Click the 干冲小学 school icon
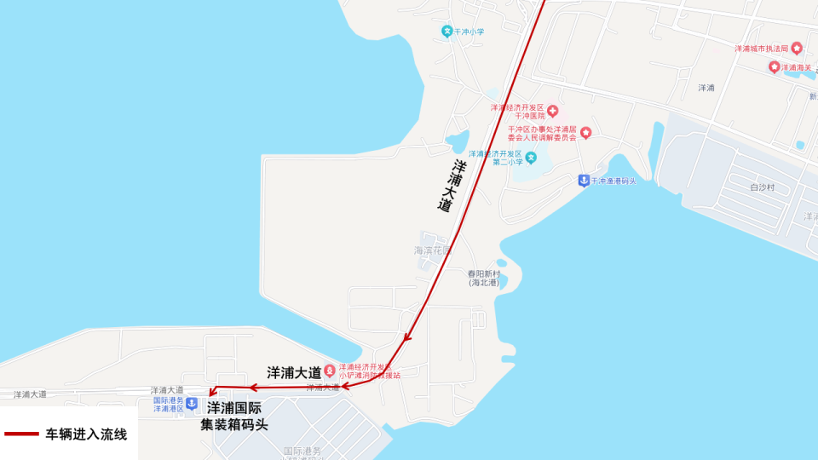tap(446, 32)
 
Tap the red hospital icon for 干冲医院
tap(552, 111)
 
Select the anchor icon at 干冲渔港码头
tap(584, 180)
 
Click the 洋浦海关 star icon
tap(774, 67)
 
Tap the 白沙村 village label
tap(763, 187)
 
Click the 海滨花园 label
tap(432, 250)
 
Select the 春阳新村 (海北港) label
tap(483, 278)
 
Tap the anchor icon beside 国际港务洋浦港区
tap(192, 403)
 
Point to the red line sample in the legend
tap(21, 434)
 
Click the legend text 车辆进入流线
tap(86, 434)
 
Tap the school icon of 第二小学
tap(531, 158)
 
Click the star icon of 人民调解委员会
tap(585, 133)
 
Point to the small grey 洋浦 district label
tap(706, 88)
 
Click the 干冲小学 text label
tap(469, 32)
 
